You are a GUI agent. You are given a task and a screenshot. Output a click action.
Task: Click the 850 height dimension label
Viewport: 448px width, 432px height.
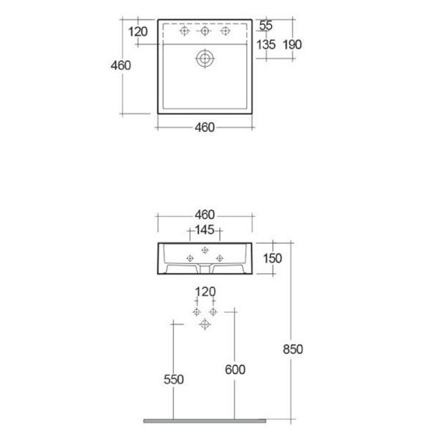click(293, 349)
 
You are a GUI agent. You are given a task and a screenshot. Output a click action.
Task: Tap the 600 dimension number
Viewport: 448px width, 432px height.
click(235, 370)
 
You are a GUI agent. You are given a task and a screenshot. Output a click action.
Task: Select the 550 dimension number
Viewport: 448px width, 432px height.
click(174, 380)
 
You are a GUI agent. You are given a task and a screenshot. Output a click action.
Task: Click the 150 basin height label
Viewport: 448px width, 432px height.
click(273, 258)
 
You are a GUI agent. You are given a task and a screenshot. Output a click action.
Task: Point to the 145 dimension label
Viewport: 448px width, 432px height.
click(205, 230)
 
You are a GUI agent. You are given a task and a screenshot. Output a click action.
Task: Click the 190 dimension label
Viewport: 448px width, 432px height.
click(292, 45)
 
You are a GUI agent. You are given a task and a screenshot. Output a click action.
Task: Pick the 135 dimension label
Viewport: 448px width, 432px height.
click(266, 45)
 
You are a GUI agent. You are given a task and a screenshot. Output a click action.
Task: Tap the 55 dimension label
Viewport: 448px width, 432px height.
click(266, 25)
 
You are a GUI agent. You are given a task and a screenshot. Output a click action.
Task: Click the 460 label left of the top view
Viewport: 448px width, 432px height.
click(121, 66)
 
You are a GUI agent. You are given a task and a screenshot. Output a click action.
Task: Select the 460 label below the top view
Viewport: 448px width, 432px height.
click(205, 128)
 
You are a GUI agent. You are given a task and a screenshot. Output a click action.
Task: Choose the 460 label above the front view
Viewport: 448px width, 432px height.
click(205, 215)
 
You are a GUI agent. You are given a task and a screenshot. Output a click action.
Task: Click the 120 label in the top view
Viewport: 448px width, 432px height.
click(137, 31)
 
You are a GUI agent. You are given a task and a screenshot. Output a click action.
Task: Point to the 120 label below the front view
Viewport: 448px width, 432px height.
click(205, 292)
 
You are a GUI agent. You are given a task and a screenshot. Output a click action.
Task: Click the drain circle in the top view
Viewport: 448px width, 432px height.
click(205, 50)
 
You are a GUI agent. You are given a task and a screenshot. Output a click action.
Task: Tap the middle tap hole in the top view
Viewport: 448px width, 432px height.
click(205, 31)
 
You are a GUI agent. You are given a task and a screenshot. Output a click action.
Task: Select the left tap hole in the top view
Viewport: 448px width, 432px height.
click(184, 31)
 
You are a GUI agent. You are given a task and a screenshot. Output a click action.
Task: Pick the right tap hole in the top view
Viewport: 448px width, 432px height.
click(225, 31)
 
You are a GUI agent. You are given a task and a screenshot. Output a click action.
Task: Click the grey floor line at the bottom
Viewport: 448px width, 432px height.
click(205, 421)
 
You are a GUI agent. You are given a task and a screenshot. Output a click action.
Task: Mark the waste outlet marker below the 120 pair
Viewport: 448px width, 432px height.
click(205, 325)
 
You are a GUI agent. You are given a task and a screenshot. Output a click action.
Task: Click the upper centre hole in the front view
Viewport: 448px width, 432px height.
click(205, 251)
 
